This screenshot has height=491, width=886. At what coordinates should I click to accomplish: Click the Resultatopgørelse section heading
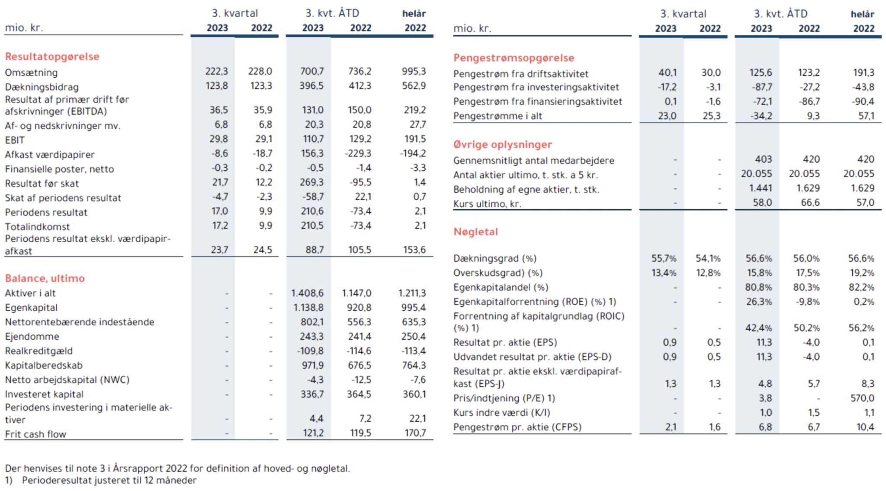(x=52, y=57)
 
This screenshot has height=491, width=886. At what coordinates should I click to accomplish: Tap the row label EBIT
(x=15, y=140)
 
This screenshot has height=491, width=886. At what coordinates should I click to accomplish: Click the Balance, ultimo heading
(x=45, y=278)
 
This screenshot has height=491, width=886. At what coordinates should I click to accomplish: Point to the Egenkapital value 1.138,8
(x=307, y=308)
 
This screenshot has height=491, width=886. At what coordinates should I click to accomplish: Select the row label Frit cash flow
(x=35, y=434)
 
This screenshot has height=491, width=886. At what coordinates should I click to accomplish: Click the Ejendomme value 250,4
(x=413, y=337)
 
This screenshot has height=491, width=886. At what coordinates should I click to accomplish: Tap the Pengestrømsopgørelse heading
(x=514, y=58)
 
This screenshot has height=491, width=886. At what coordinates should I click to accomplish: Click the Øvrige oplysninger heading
(x=503, y=144)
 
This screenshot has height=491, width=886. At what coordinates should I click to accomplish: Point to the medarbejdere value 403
(x=763, y=159)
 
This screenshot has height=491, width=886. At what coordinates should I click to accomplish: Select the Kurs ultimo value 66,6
(x=810, y=203)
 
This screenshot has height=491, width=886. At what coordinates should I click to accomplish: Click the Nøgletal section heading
(x=475, y=232)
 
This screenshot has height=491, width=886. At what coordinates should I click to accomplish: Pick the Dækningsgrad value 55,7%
(x=664, y=259)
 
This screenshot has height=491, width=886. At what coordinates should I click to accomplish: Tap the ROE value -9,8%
(x=807, y=302)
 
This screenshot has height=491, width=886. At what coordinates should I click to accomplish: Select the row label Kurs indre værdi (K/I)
(x=501, y=413)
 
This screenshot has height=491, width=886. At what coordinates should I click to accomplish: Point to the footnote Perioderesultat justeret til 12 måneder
(x=109, y=481)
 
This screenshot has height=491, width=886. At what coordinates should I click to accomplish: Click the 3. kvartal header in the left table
(x=234, y=13)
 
